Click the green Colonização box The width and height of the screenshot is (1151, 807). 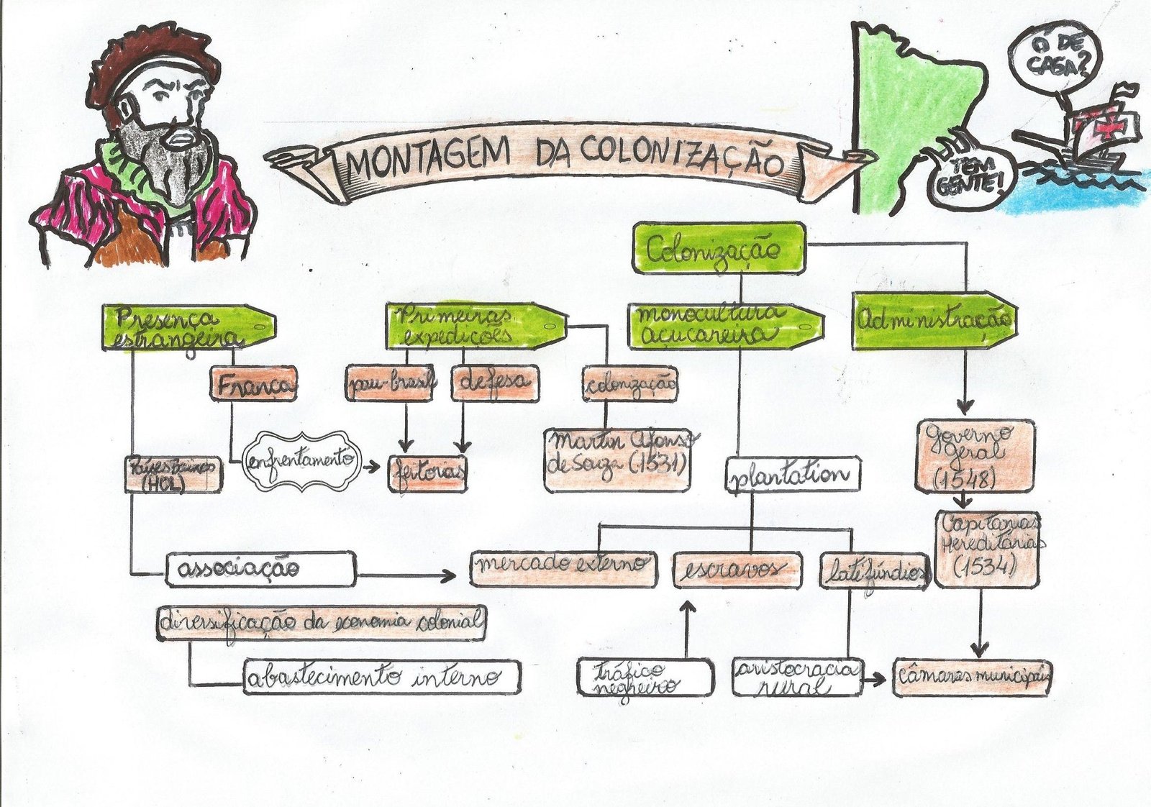[x=718, y=248]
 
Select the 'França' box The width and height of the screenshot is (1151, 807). [x=253, y=384]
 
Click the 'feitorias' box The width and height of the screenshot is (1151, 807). [x=427, y=473]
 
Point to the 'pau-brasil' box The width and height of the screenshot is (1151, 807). [x=390, y=383]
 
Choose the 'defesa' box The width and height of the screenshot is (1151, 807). [x=494, y=383]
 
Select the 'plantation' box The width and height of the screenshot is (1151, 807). [x=792, y=475]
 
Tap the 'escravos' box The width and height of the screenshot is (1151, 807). [x=737, y=570]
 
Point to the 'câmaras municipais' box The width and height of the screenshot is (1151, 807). [x=972, y=677]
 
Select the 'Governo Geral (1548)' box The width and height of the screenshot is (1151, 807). [x=975, y=456]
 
